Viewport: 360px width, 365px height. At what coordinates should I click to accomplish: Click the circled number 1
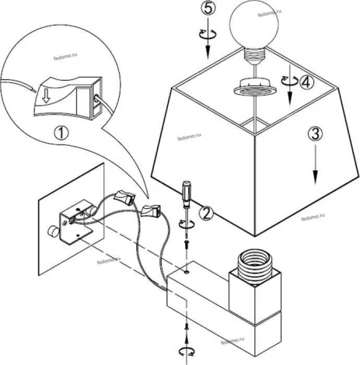[61, 134]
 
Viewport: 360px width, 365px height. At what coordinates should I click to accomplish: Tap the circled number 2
[206, 214]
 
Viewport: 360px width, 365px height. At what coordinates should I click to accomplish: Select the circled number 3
[315, 134]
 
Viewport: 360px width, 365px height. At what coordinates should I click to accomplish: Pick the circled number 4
[306, 82]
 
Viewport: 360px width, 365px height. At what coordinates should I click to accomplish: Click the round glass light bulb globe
[253, 25]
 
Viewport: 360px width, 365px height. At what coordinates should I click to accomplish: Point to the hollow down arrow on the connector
[46, 96]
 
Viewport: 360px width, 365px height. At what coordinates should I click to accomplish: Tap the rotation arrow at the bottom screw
[187, 352]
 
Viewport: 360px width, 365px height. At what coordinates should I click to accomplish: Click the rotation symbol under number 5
[208, 33]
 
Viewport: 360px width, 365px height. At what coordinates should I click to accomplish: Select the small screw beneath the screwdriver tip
[187, 244]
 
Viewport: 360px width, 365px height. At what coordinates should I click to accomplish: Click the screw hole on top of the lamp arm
[187, 272]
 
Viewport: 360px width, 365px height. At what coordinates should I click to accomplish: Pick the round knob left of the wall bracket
[53, 231]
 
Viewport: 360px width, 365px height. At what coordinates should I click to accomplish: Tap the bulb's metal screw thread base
[254, 56]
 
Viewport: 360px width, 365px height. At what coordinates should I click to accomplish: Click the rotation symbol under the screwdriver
[187, 224]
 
